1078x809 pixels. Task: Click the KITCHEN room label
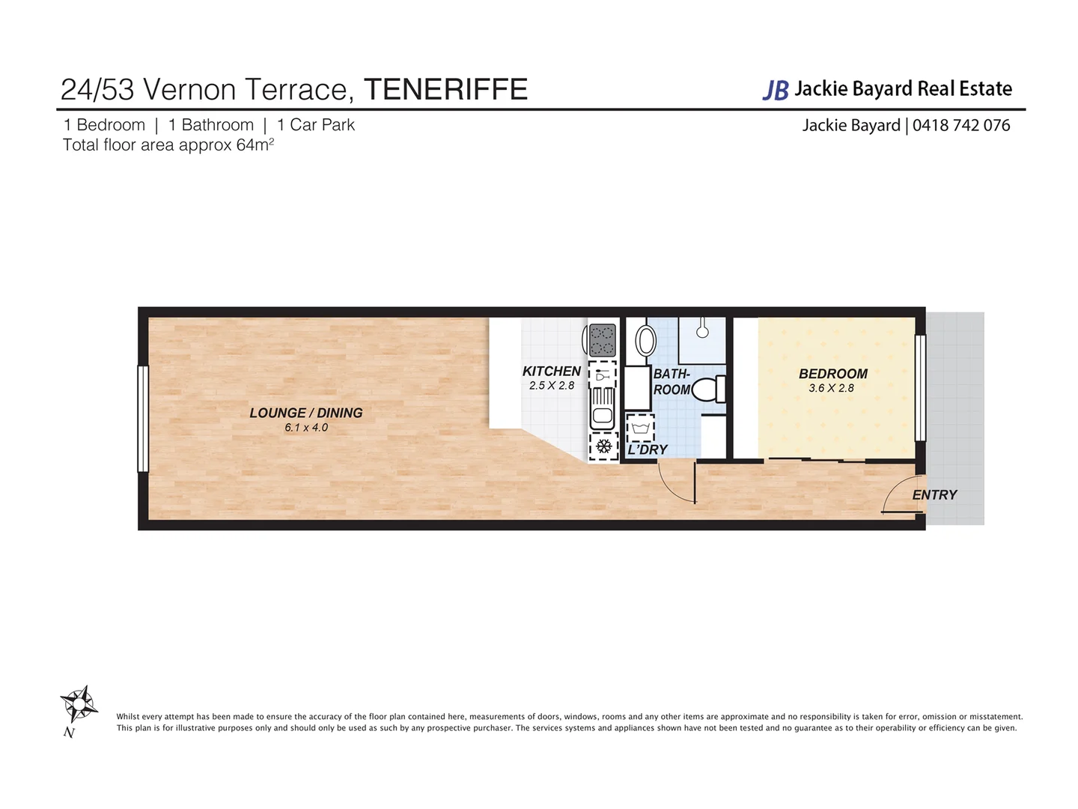(551, 371)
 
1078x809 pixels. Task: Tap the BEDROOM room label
(832, 373)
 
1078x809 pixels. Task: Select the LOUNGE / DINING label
(305, 413)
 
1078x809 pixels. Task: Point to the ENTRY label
(934, 494)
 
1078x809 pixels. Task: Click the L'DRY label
(648, 449)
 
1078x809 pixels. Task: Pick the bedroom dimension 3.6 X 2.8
(831, 388)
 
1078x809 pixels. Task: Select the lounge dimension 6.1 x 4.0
(305, 428)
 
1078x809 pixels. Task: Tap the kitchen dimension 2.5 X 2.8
(551, 386)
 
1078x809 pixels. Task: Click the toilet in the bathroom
(708, 390)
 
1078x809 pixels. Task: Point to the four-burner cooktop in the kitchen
(603, 340)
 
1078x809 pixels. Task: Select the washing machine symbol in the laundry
(640, 428)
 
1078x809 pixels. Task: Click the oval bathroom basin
(645, 342)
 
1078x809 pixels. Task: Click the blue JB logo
(776, 90)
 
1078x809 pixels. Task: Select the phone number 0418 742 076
(961, 125)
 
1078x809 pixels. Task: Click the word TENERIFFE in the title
(445, 89)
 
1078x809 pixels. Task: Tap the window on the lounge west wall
(143, 419)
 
